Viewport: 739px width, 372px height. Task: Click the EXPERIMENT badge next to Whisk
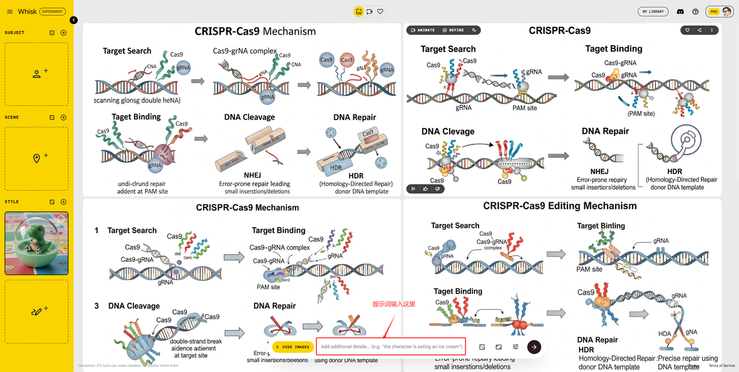53,12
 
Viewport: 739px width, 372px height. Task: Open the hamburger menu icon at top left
10,12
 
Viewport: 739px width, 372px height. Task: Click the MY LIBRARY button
653,12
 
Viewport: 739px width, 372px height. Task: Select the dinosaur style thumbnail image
36,243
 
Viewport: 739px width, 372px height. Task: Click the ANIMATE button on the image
423,30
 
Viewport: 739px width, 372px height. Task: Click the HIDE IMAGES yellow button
293,347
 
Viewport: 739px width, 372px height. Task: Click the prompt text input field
391,347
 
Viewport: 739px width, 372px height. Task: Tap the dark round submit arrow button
534,347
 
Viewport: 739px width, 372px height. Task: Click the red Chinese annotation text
394,304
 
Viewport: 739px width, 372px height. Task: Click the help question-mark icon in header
695,12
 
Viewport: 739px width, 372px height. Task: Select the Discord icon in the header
680,12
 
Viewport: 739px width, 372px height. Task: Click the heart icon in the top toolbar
380,11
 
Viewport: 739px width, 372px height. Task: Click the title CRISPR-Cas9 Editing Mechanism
559,206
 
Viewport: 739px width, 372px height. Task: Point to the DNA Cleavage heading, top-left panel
249,117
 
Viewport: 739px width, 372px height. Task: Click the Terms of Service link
722,366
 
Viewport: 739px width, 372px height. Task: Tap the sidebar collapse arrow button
74,20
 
